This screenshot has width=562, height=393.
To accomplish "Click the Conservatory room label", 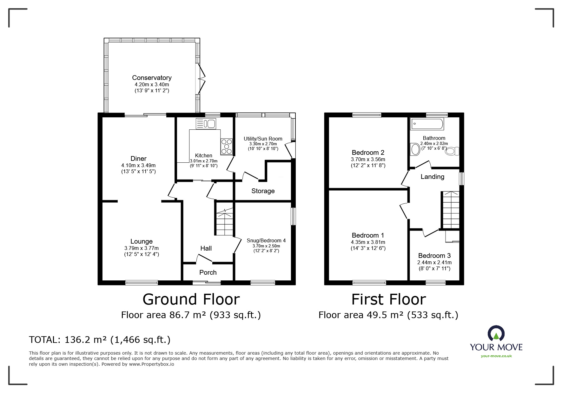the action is coord(152,78).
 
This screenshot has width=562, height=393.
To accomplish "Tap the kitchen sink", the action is coord(206,124).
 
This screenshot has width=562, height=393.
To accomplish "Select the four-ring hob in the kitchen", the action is coord(227,147).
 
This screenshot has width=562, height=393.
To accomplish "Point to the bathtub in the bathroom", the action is coord(427,124).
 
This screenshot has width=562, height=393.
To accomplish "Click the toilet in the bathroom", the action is coord(452,151).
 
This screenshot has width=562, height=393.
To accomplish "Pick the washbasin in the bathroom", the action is coord(415,150).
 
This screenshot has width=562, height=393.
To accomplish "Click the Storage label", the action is coord(263,191).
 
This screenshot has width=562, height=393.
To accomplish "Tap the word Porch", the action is coord(208,272).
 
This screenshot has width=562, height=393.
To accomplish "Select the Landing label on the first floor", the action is coord(432,177).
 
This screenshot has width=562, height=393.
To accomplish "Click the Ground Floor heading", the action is coord(191,299).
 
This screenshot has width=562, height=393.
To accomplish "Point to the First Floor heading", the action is coord(388,299).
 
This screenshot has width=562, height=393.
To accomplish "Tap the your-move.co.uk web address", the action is coord(496,356).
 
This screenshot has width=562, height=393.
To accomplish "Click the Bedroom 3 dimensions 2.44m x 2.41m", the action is coord(434,263).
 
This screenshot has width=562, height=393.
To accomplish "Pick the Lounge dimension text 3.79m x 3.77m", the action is coord(142,248).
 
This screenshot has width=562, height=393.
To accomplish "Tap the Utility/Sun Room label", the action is coord(263,139).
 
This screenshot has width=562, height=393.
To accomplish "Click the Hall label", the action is coord(206,248).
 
